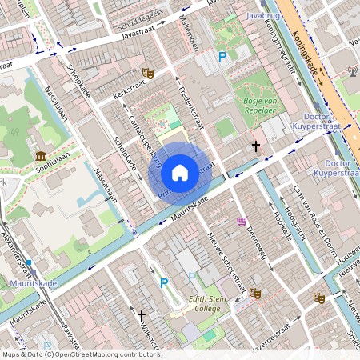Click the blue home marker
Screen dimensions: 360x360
180,173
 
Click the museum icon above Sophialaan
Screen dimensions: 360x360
40,155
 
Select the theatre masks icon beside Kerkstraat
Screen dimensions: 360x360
147,73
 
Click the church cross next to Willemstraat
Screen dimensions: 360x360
142,316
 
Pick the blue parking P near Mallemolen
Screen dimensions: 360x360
223,57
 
